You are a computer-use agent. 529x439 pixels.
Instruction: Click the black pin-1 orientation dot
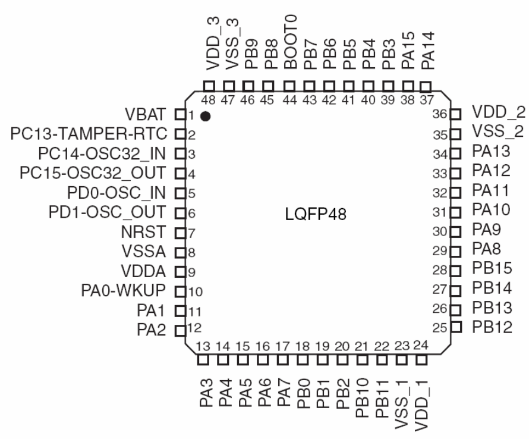click(x=206, y=116)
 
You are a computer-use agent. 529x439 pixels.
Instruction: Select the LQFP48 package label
click(x=316, y=214)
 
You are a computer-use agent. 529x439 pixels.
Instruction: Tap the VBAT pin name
click(x=146, y=114)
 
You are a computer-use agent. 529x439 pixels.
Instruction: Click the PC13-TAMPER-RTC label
click(x=89, y=134)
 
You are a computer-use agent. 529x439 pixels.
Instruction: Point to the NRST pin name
click(x=143, y=233)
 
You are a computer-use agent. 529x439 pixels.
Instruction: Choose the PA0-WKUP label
click(x=124, y=291)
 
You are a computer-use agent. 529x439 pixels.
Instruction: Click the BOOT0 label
click(x=291, y=42)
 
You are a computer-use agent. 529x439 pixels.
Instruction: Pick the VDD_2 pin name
click(x=499, y=112)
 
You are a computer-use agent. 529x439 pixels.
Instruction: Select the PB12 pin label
click(x=492, y=327)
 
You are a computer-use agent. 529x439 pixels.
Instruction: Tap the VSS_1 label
click(x=401, y=405)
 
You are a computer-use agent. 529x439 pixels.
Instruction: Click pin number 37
click(x=427, y=100)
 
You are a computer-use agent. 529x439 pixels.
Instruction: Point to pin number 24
click(x=421, y=345)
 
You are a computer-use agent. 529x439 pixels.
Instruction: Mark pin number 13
click(x=203, y=346)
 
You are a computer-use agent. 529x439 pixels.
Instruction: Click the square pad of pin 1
click(x=181, y=115)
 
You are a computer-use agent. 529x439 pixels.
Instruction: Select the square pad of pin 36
click(x=455, y=114)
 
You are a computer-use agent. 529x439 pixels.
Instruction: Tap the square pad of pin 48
click(x=209, y=86)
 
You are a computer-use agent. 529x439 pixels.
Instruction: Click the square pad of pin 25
click(x=456, y=327)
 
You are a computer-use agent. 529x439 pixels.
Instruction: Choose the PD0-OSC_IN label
click(x=116, y=193)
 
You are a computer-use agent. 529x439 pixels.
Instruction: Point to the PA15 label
click(x=408, y=51)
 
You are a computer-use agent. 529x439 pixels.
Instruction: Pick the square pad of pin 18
click(x=303, y=360)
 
